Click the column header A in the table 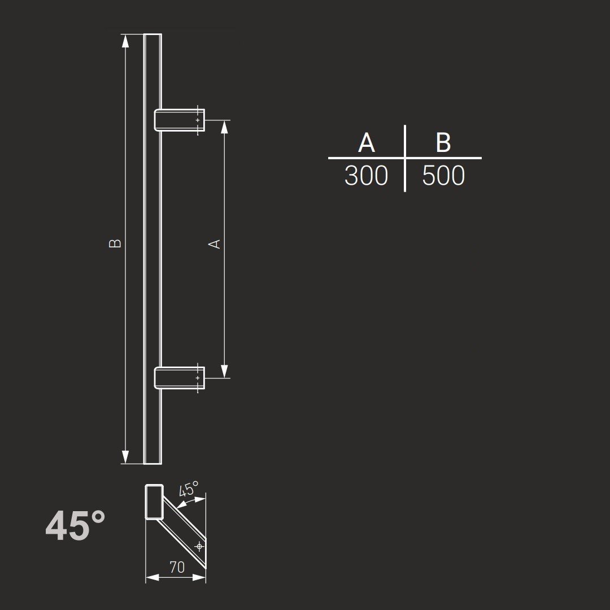[367, 143]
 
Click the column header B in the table [443, 143]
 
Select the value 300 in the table [366, 176]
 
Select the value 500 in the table [443, 176]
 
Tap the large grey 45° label [75, 526]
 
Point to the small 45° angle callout [189, 490]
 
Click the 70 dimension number [177, 567]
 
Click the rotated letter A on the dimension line [215, 243]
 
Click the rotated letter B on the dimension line [115, 243]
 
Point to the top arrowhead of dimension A [224, 127]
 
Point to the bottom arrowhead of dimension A [224, 371]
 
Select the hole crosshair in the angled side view [198, 546]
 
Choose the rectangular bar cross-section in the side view [154, 502]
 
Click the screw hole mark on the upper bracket [198, 120]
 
